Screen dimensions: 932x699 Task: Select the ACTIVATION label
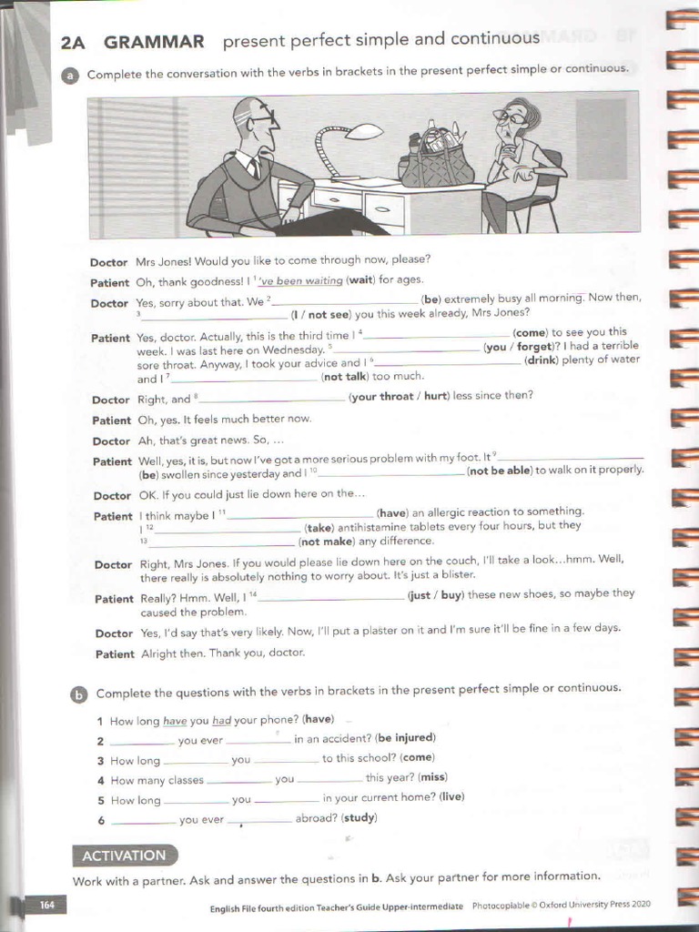[125, 856]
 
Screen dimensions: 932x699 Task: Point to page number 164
[46, 905]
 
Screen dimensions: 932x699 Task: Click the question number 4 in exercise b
[101, 781]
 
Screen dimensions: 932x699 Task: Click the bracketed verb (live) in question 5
[451, 797]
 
